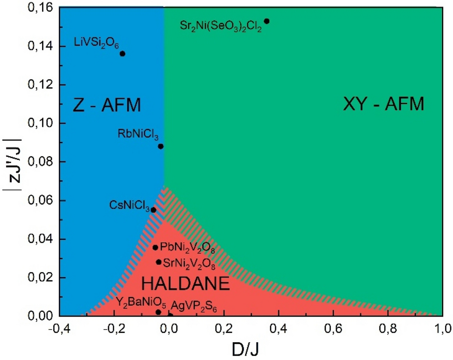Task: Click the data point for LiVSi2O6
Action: click(123, 53)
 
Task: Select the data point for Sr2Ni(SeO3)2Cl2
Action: click(267, 21)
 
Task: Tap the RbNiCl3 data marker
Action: click(161, 146)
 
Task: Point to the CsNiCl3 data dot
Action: click(153, 209)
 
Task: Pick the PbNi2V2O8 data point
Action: click(155, 247)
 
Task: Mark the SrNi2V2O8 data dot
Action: click(159, 262)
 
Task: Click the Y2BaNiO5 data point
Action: click(158, 312)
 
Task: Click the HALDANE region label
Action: click(185, 284)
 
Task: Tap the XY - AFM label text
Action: click(383, 104)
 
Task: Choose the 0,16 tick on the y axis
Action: click(43, 8)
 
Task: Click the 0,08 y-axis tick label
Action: click(43, 162)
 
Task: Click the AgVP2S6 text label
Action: click(194, 306)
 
